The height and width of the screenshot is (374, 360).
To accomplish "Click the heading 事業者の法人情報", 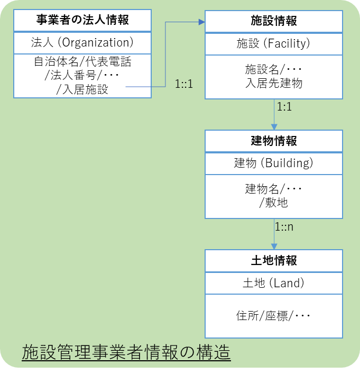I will tap(82, 21).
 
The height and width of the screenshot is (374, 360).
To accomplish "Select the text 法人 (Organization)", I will tap(82, 42).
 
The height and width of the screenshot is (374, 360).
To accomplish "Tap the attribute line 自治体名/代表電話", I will tap(82, 62).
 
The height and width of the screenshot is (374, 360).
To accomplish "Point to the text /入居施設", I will tap(82, 89).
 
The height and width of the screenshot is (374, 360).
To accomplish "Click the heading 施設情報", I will tap(273, 21).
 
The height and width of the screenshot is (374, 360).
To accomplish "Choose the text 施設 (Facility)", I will tap(273, 44).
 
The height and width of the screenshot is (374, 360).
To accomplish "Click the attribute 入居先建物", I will tap(273, 83).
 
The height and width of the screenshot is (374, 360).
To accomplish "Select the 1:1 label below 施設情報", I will tap(284, 106).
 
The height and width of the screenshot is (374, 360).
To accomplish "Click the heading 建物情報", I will tap(273, 141).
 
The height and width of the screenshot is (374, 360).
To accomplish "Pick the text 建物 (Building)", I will tap(273, 163).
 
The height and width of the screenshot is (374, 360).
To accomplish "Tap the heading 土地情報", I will tap(273, 260).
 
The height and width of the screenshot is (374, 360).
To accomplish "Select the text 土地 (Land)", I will tap(273, 283).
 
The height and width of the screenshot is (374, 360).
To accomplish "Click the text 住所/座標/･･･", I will tap(273, 316).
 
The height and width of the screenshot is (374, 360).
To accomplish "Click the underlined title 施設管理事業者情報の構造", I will tap(126, 352).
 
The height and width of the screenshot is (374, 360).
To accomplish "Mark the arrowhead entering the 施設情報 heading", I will tap(201, 22).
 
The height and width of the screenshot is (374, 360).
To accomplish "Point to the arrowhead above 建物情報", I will tap(274, 127).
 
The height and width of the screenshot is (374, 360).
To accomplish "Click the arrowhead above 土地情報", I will tap(274, 246).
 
